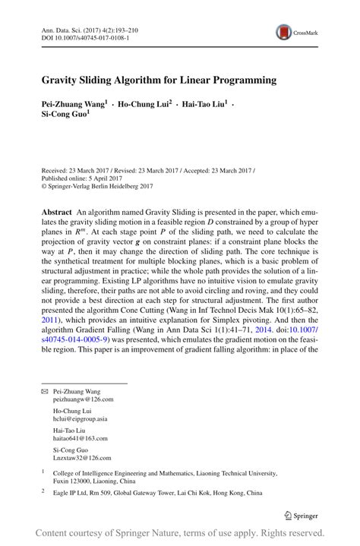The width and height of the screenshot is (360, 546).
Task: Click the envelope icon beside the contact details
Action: point(44,390)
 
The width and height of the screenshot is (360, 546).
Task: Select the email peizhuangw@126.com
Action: point(83,398)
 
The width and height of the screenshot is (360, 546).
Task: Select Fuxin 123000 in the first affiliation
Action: point(77,480)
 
